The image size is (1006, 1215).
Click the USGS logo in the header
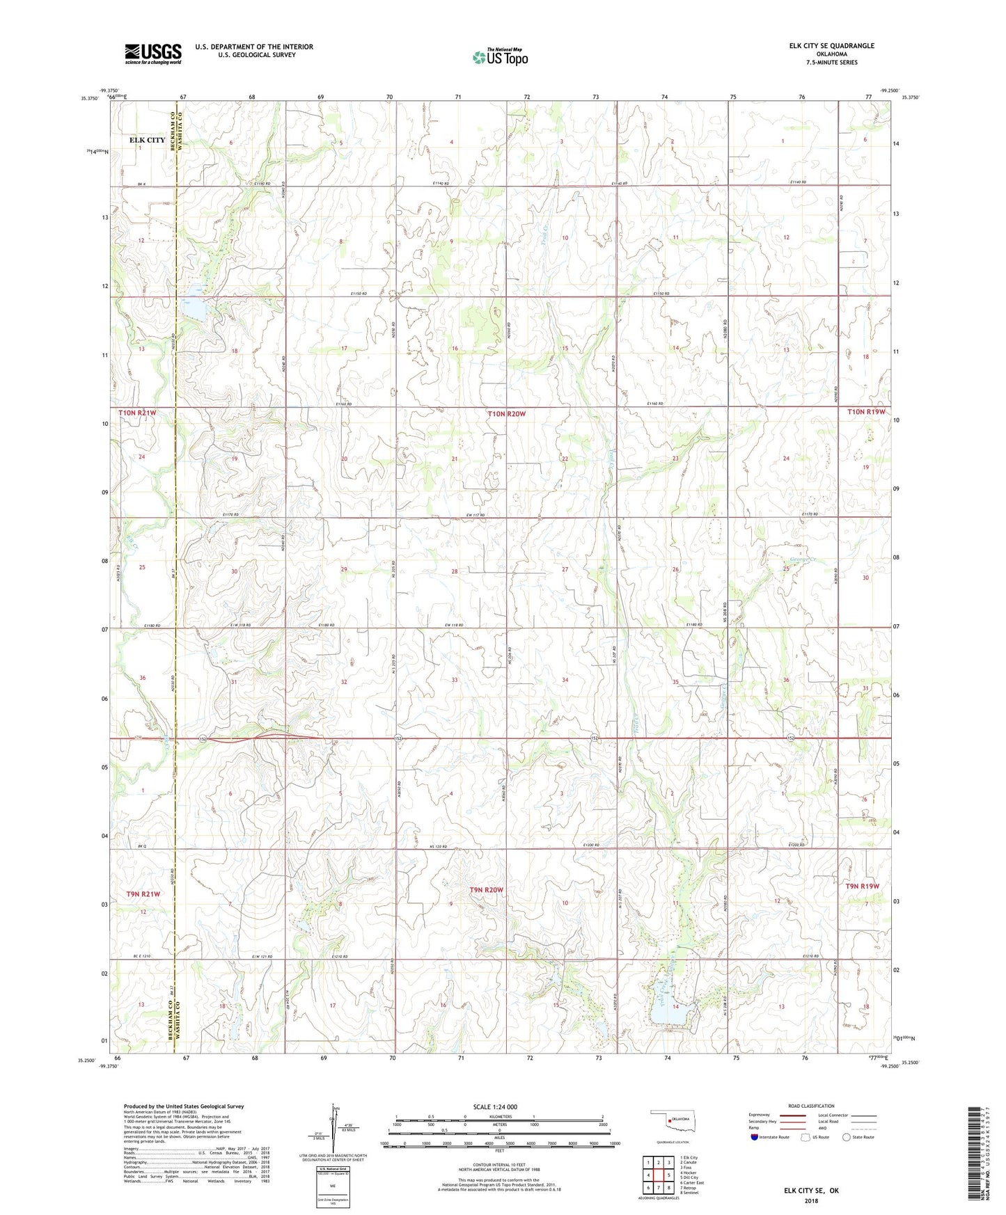point(153,54)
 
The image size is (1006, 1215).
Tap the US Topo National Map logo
point(500,57)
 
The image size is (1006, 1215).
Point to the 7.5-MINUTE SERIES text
point(832,63)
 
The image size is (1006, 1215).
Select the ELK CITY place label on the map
point(148,140)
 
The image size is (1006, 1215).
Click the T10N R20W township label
point(506,414)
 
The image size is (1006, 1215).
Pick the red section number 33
point(455,680)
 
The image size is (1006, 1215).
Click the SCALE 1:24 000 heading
point(495,1106)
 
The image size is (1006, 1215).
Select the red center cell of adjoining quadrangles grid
point(658,1175)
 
